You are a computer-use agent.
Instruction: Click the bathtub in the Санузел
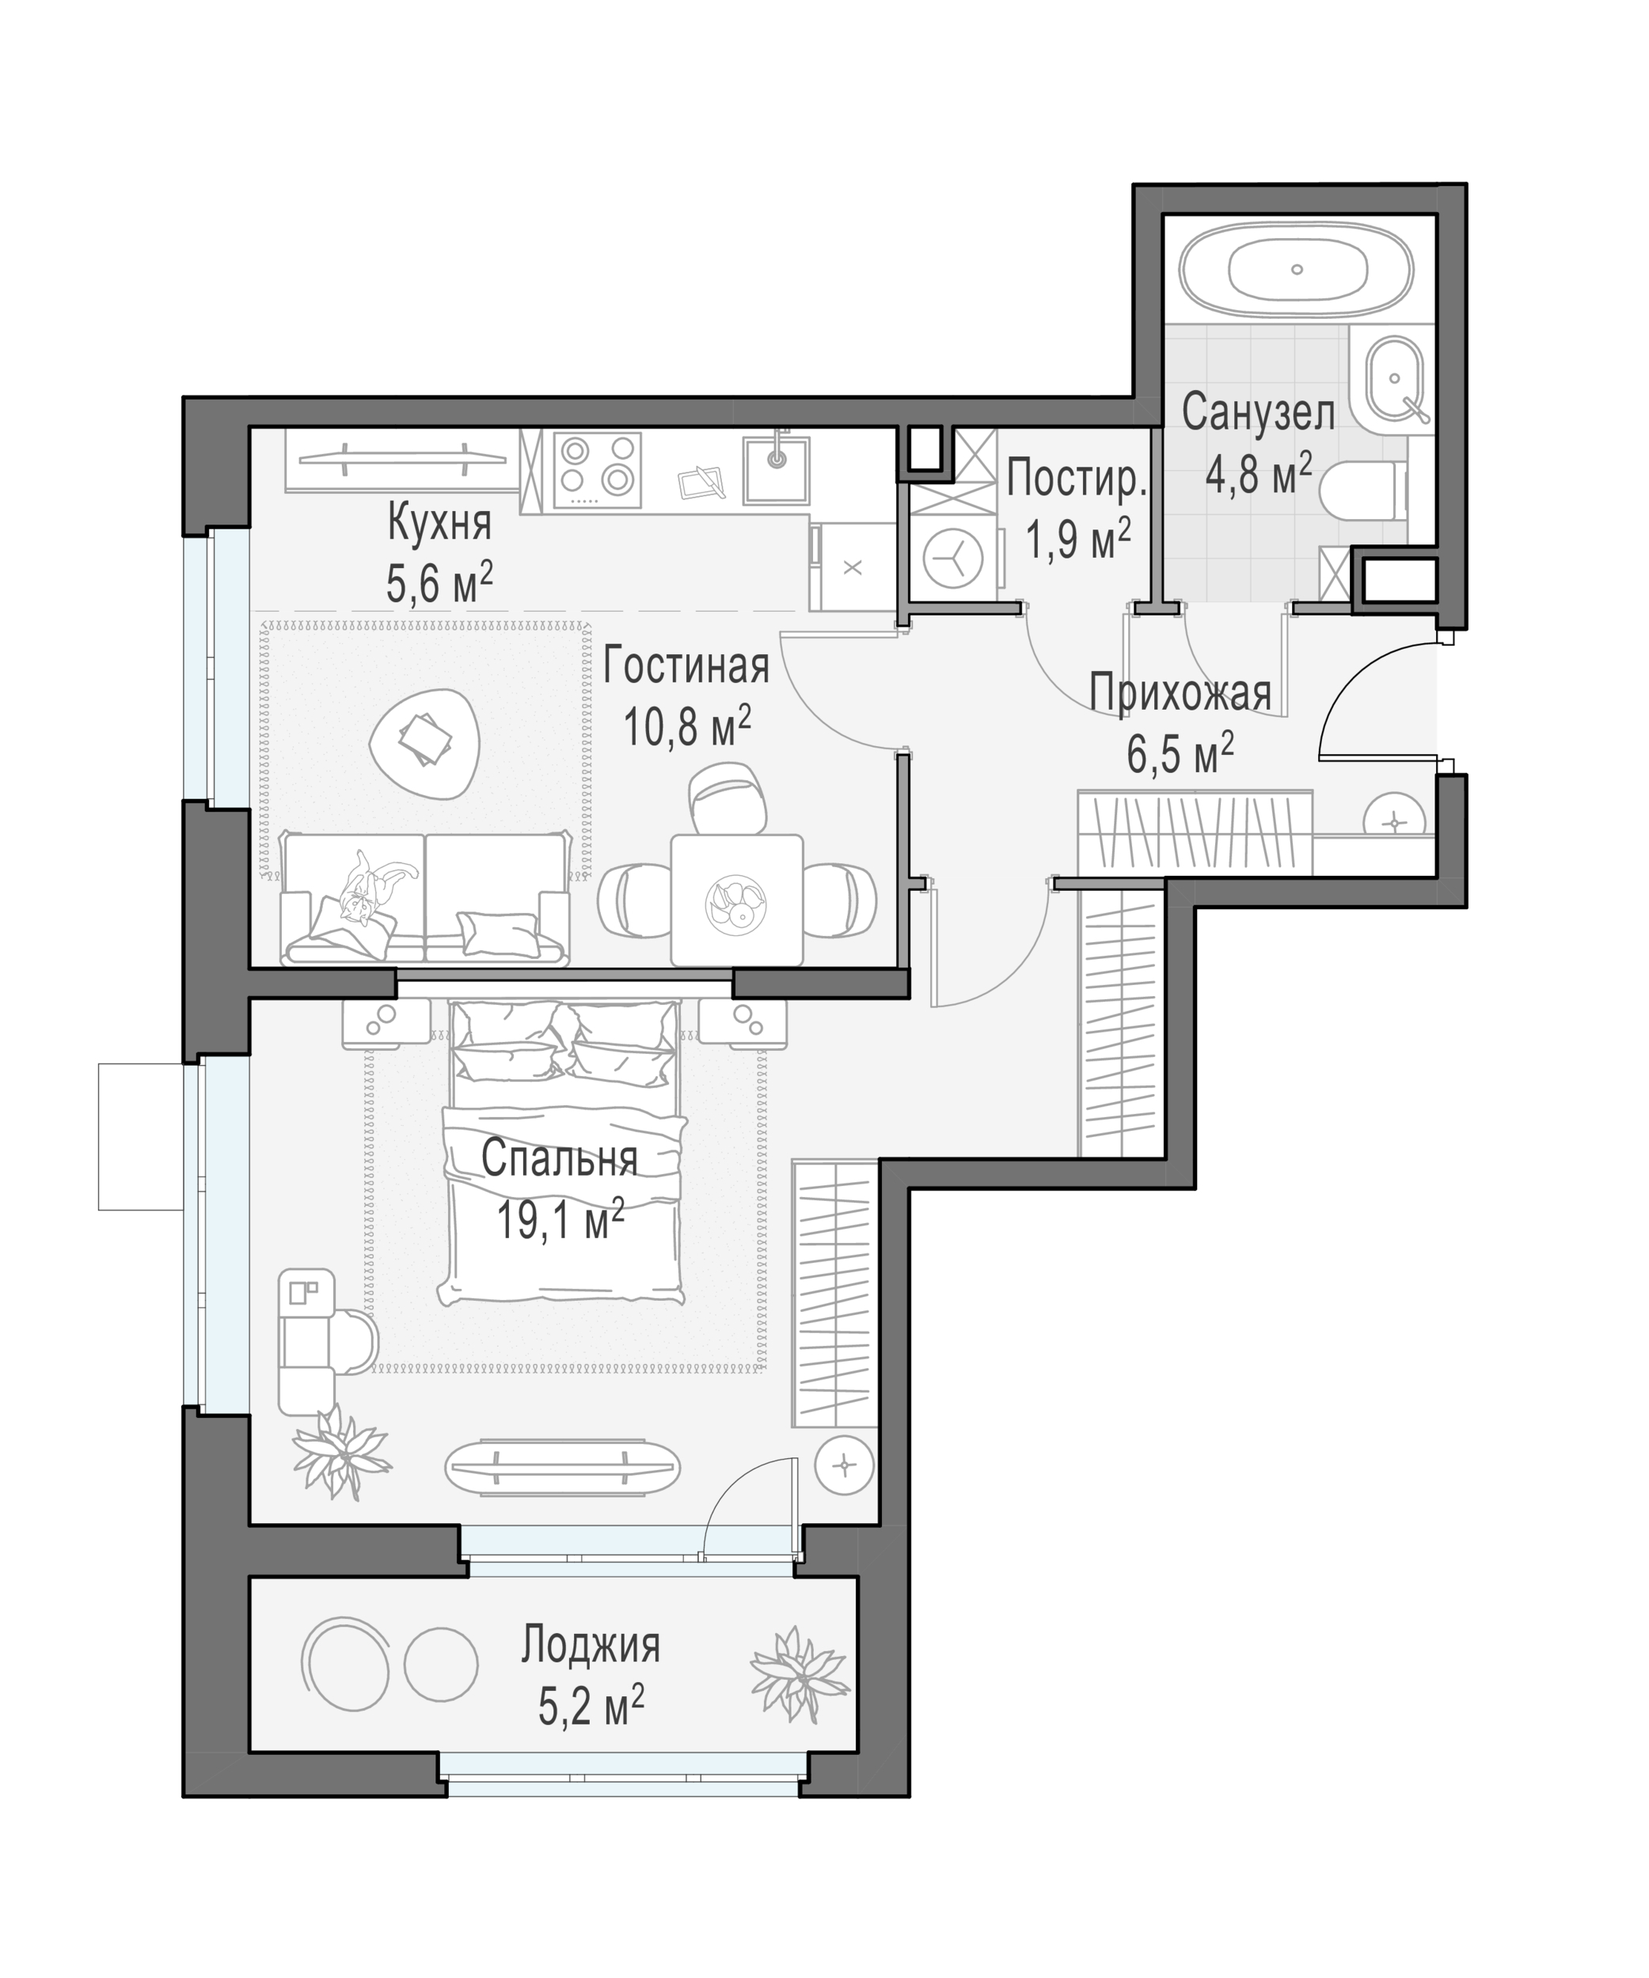tap(1297, 268)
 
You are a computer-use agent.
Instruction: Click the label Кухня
tap(439, 523)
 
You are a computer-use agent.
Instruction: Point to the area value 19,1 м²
tap(560, 1222)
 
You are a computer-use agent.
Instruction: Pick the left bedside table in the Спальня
tap(386, 1023)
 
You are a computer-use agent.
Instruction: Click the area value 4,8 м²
tap(1259, 473)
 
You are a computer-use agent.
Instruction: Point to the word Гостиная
tap(686, 666)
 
